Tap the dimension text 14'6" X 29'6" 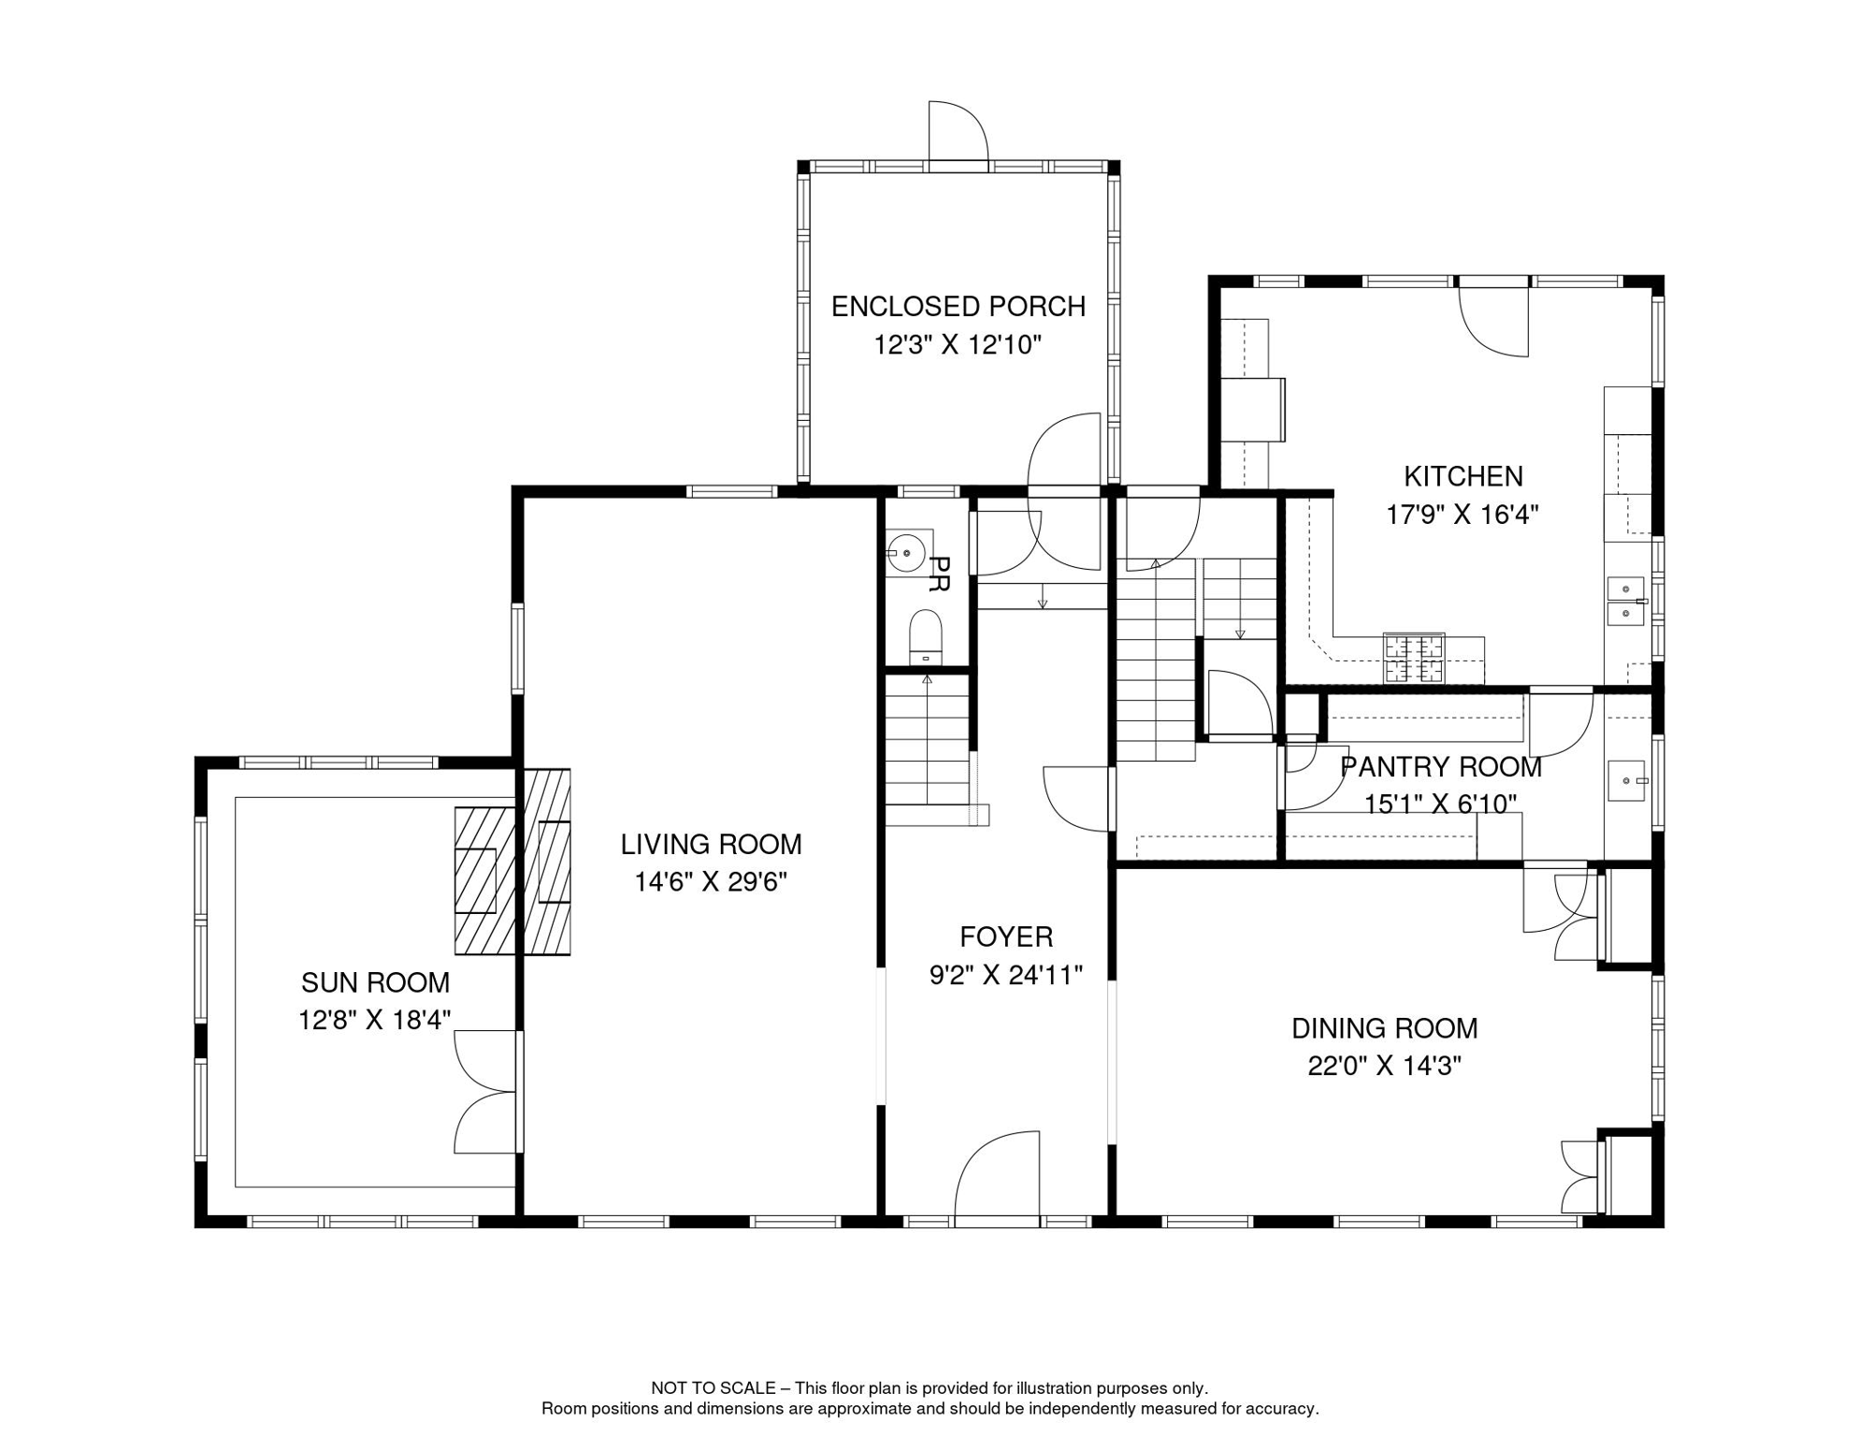(711, 882)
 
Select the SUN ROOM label (375, 982)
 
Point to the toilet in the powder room (926, 637)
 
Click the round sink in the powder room (906, 553)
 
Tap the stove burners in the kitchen (1414, 658)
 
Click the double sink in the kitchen (1625, 601)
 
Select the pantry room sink (1626, 780)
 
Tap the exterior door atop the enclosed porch (958, 136)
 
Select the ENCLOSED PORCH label (958, 307)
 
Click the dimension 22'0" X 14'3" (1384, 1066)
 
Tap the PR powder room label (939, 573)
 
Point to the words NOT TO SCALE (713, 1388)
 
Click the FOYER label (1006, 936)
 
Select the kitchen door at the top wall (1493, 318)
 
